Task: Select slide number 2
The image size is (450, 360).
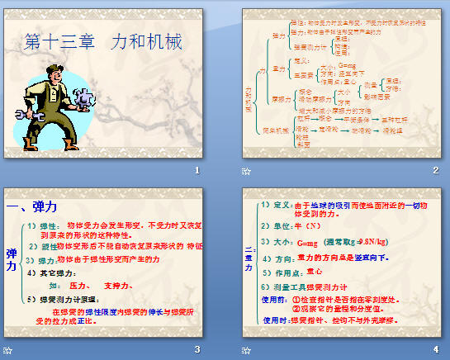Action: (434, 170)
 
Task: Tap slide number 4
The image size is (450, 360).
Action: (434, 348)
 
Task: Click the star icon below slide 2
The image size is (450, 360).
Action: (246, 171)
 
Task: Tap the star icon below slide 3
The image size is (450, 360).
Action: (8, 349)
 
